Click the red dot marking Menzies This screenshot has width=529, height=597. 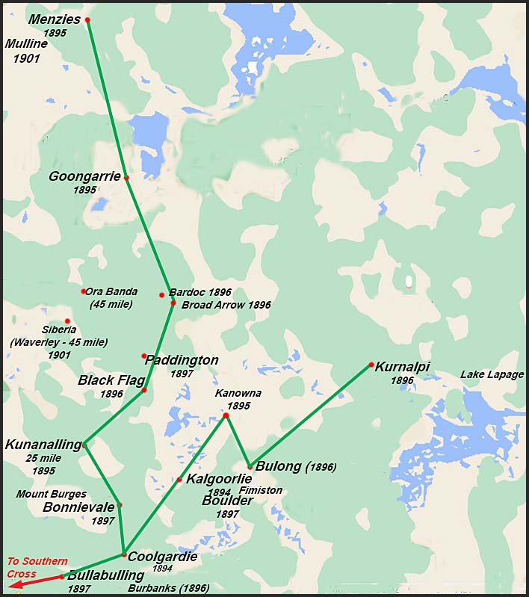click(87, 19)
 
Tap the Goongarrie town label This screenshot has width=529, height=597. click(84, 176)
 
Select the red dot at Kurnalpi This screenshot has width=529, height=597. click(371, 365)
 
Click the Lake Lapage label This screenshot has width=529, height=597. click(492, 374)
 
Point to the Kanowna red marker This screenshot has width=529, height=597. click(226, 415)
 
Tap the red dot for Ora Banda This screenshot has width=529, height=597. click(84, 291)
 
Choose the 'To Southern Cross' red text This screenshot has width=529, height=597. click(37, 567)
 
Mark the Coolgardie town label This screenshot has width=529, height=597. click(162, 557)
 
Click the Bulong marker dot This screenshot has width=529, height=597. click(250, 467)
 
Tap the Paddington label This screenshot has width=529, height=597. click(183, 360)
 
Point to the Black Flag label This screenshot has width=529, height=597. click(111, 380)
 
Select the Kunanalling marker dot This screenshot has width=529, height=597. click(84, 445)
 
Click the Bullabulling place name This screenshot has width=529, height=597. click(105, 575)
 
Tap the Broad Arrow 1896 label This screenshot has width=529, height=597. click(226, 305)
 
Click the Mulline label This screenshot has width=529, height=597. click(27, 43)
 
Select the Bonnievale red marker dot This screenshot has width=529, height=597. click(120, 505)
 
